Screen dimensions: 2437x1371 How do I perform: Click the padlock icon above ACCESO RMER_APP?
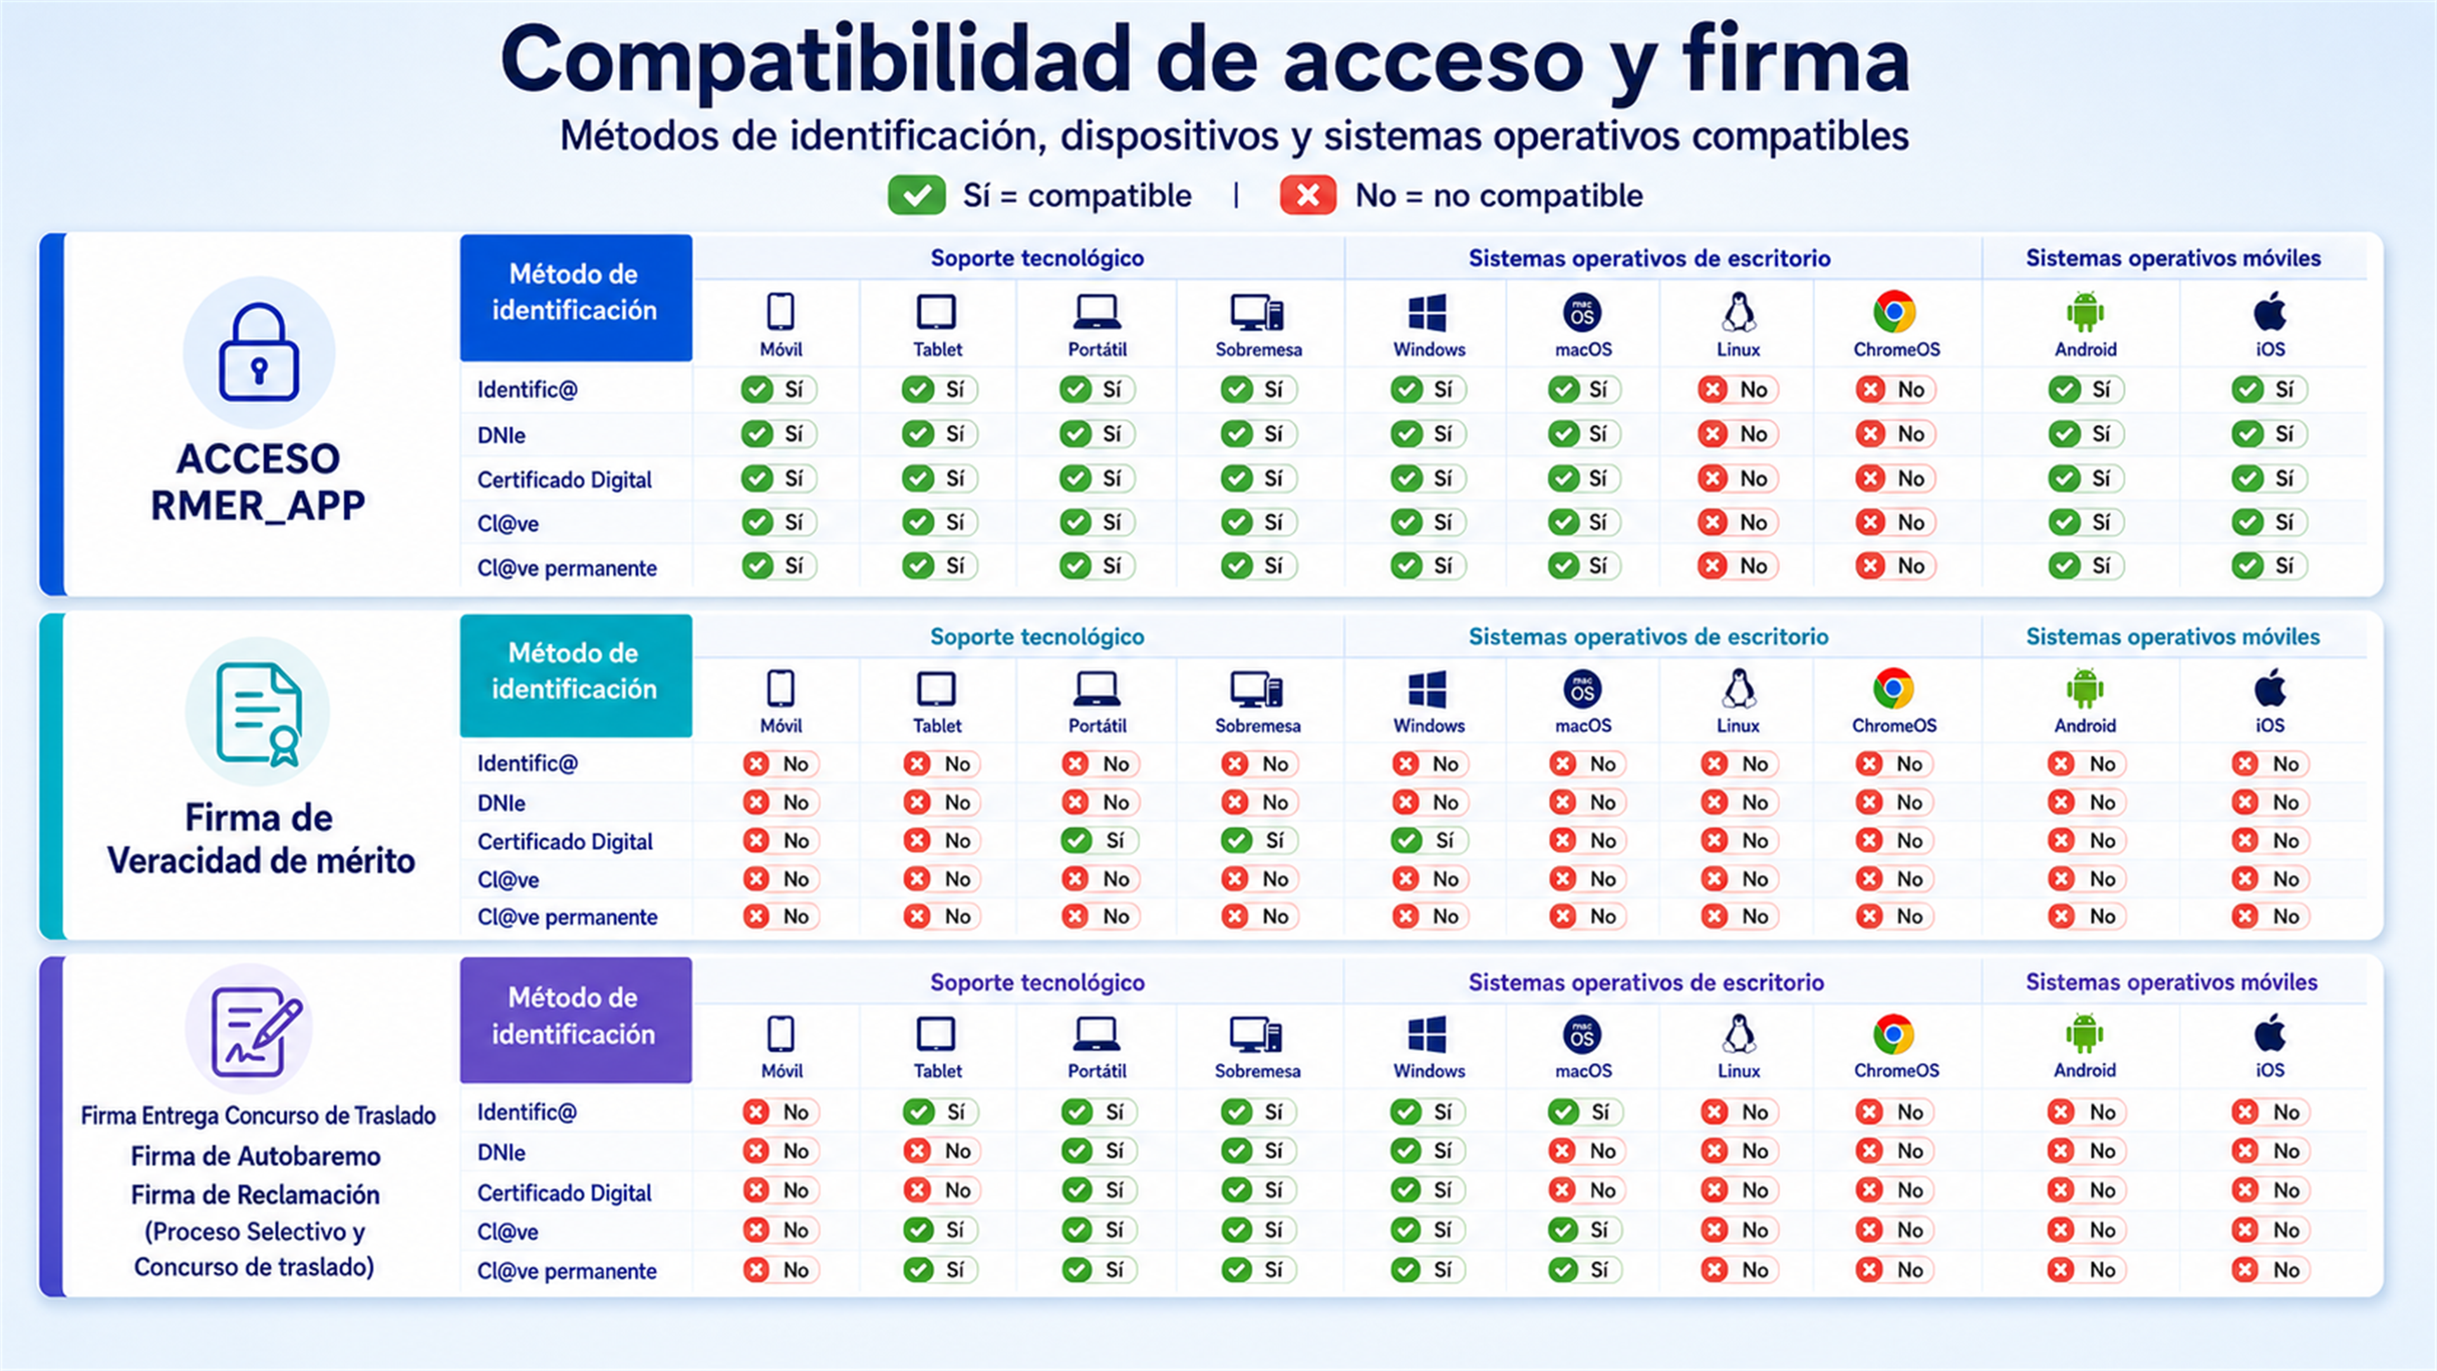click(x=259, y=352)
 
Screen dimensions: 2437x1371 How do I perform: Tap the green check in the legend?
click(x=916, y=195)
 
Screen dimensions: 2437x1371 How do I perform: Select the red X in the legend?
click(x=1307, y=195)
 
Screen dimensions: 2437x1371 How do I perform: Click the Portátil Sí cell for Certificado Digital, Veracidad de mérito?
click(x=1099, y=840)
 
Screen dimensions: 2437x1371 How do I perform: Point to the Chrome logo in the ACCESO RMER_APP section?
click(x=1894, y=312)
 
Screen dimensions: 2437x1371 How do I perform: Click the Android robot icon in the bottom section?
click(x=2085, y=1034)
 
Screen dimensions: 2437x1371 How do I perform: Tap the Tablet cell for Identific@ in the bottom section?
click(x=939, y=1112)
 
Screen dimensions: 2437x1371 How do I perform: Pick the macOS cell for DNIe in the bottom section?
click(x=1585, y=1151)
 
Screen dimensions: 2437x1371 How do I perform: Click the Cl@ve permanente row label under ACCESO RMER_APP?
click(x=567, y=567)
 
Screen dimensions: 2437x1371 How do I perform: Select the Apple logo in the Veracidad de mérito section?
click(x=2269, y=688)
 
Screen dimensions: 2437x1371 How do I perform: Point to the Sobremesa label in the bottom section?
click(x=1257, y=1071)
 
